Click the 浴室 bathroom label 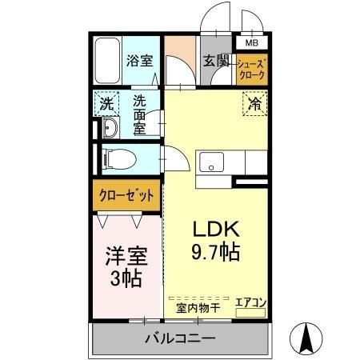coord(140,60)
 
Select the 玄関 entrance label coord(216,60)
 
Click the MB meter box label coord(251,43)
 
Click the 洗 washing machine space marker coord(106,103)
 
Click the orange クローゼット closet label coord(126,194)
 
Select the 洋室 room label coord(126,257)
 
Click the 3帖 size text coord(126,279)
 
